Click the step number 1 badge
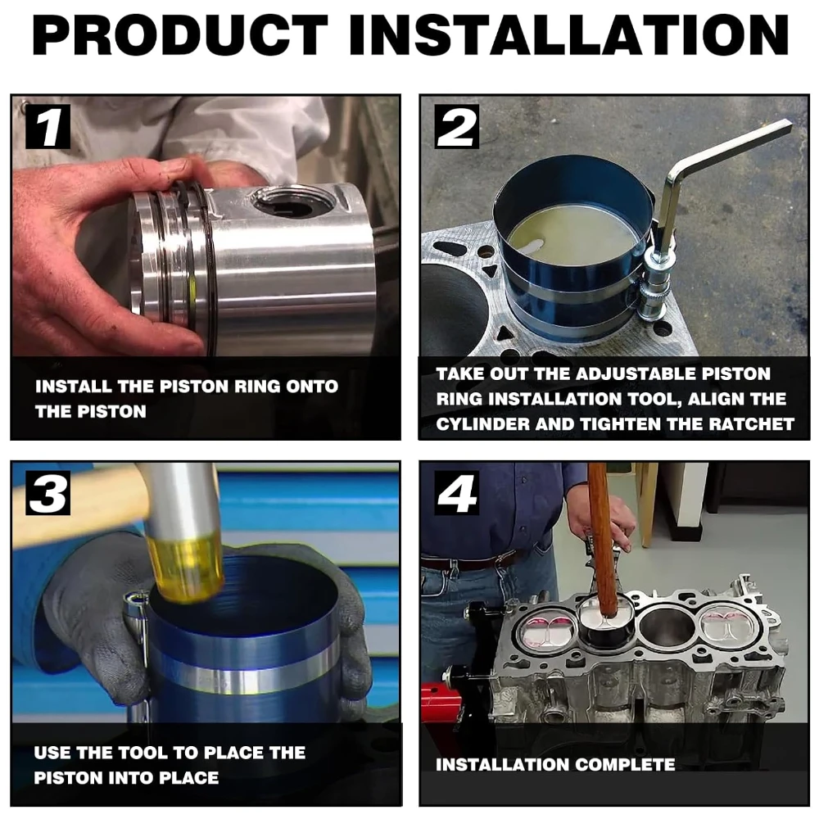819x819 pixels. (48, 127)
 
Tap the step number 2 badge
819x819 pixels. (456, 127)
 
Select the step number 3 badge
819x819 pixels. (48, 492)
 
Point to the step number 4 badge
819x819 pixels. (456, 492)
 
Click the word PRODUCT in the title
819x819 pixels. (180, 34)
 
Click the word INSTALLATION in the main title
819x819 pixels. (569, 34)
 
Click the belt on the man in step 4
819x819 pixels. (470, 562)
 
